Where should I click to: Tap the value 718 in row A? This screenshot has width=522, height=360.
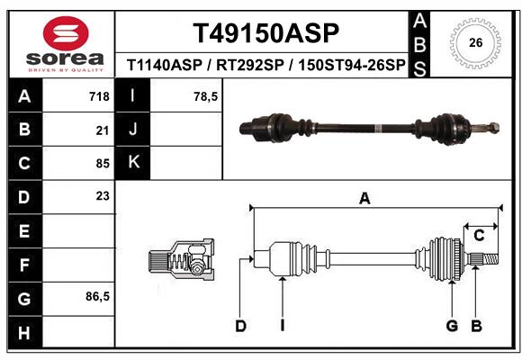(99, 96)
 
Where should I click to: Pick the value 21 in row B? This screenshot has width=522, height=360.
(102, 130)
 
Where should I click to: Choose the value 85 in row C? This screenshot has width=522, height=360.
(102, 164)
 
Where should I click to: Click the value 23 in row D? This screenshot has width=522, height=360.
(102, 195)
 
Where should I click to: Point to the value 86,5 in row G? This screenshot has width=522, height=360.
(97, 296)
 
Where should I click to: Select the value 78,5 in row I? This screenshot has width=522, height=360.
(206, 96)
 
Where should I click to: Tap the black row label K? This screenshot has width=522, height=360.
(133, 163)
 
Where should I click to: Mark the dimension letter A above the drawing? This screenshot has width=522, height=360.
(364, 199)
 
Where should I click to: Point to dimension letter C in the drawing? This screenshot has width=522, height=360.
(480, 236)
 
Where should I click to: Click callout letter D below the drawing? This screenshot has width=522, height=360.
(240, 326)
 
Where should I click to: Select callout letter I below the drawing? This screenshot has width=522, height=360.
(282, 326)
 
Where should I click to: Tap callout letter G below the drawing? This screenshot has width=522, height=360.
(452, 326)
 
